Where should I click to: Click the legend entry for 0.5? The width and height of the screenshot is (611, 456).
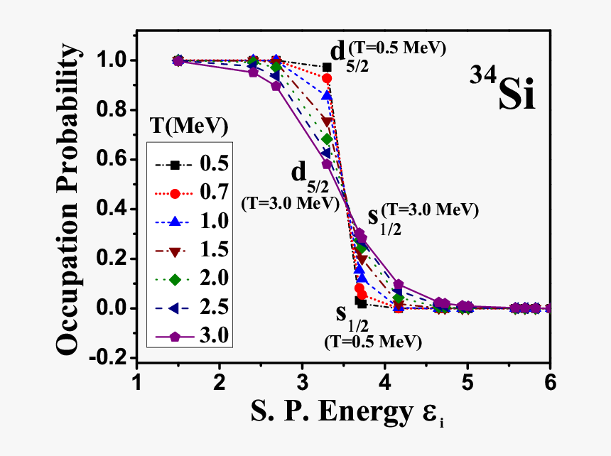(188, 165)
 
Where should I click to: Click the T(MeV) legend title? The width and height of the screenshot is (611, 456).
(189, 128)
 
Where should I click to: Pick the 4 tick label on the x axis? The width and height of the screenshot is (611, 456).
(384, 381)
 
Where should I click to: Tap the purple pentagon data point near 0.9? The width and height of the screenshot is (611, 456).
(276, 86)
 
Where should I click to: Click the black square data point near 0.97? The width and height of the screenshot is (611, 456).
(327, 67)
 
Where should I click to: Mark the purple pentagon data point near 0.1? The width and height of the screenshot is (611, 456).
(398, 285)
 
